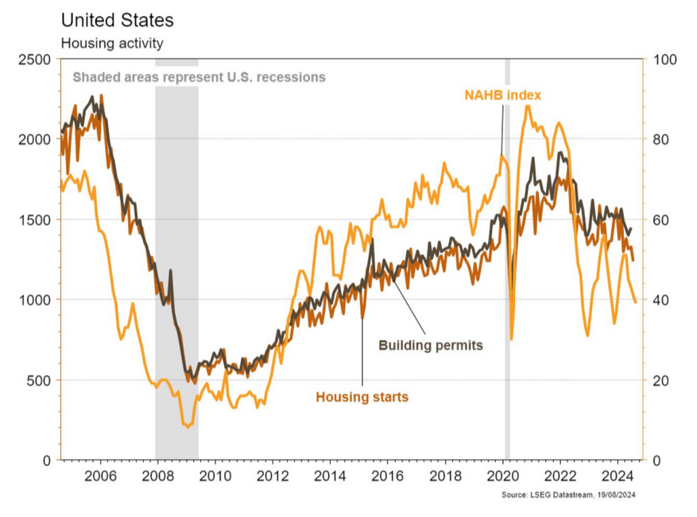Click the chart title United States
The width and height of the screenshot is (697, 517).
(x=117, y=20)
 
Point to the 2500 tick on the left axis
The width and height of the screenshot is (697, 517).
(x=35, y=60)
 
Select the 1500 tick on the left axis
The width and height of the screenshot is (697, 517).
(x=35, y=220)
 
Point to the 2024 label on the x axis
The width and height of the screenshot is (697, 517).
(x=617, y=477)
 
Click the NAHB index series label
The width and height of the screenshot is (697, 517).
(x=502, y=95)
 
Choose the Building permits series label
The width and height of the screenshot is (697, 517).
(x=430, y=346)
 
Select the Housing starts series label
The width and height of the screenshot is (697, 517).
(x=362, y=397)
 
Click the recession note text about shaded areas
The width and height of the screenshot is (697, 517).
(x=199, y=77)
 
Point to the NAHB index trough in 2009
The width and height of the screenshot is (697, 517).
(x=188, y=427)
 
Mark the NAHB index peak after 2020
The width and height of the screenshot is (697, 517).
(x=527, y=106)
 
